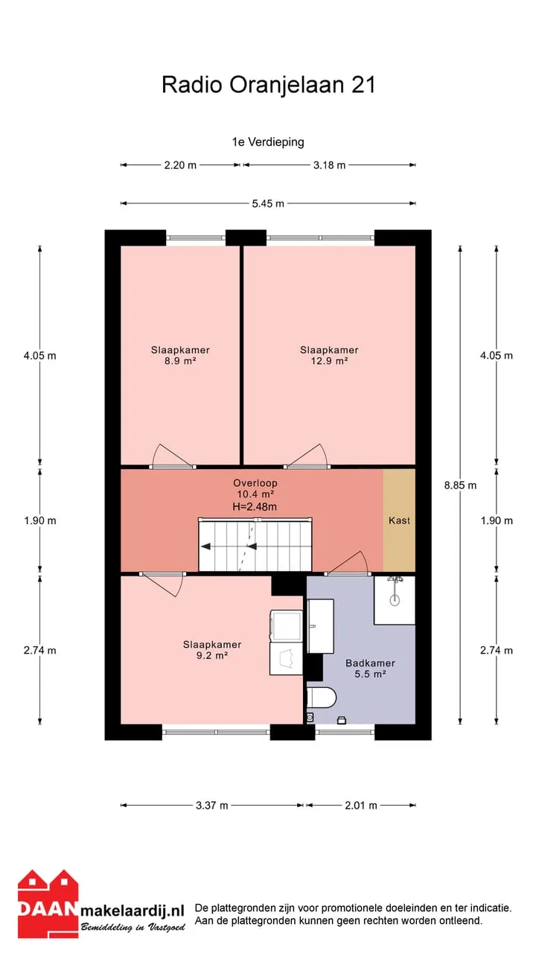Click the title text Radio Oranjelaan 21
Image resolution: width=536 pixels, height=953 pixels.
[x=269, y=85]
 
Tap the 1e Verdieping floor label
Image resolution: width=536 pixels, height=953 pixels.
[x=268, y=141]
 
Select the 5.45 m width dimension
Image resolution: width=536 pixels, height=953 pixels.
[x=268, y=203]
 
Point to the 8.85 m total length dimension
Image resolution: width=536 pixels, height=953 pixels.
[x=460, y=485]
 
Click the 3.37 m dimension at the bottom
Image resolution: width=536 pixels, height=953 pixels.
[x=212, y=806]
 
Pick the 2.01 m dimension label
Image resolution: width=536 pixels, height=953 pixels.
[x=361, y=806]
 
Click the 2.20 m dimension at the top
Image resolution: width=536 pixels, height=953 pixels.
[x=180, y=165]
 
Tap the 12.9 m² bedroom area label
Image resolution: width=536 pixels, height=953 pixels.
[x=329, y=361]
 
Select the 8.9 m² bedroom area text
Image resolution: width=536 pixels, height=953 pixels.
[x=180, y=361]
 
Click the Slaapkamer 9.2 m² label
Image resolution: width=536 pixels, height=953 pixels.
[x=212, y=650]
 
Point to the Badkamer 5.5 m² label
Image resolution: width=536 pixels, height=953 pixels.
[x=370, y=669]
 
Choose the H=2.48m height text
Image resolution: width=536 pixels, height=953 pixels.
[x=255, y=507]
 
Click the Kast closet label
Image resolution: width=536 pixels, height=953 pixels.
[x=400, y=520]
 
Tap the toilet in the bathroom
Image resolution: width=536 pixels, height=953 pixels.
[x=322, y=698]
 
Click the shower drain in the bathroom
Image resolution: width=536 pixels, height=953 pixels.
[x=395, y=600]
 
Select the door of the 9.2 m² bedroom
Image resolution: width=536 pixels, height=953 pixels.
[x=162, y=584]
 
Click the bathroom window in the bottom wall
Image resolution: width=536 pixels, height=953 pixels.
[x=345, y=732]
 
